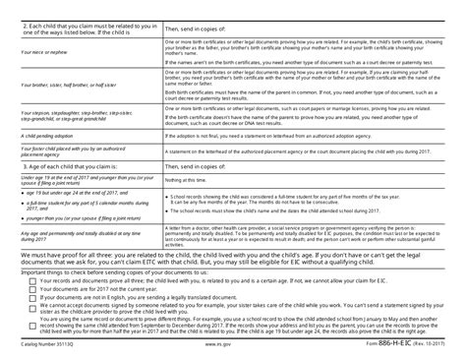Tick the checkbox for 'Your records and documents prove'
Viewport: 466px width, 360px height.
tap(34, 280)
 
